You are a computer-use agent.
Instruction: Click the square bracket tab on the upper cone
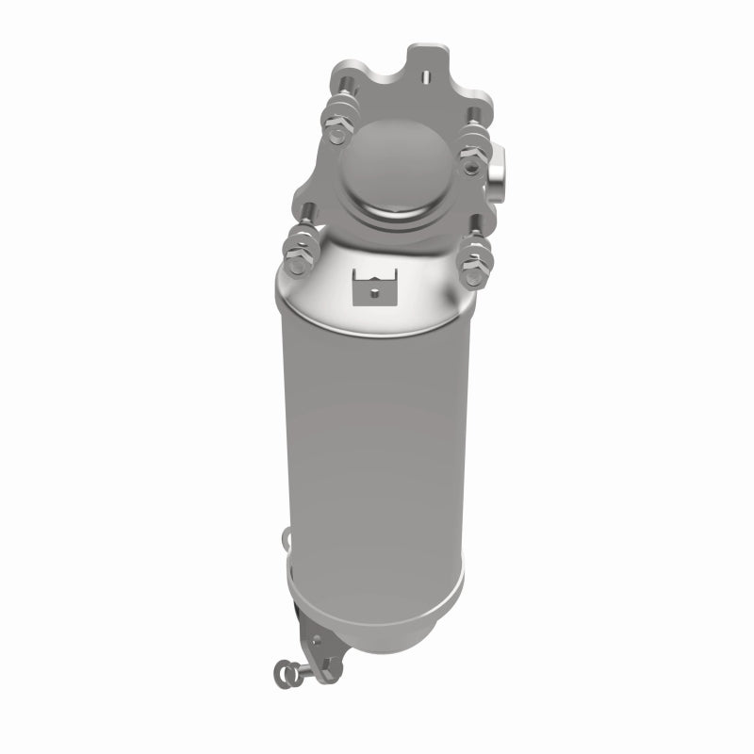pos(373,285)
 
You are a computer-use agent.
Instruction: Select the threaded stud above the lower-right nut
pos(478,231)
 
